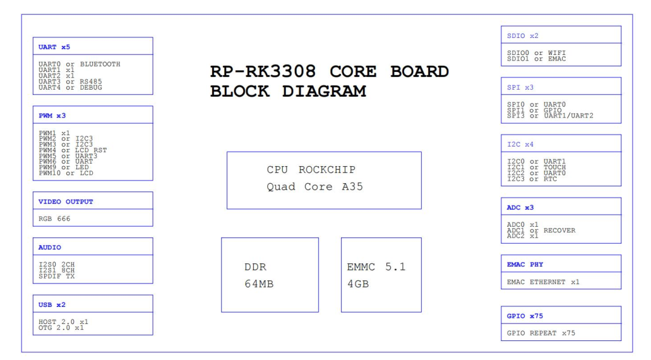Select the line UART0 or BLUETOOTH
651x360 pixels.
[79, 64]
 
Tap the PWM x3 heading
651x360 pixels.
[52, 116]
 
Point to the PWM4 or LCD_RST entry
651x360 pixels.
[73, 150]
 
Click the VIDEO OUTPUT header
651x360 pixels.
[66, 201]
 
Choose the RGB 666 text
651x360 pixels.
[54, 219]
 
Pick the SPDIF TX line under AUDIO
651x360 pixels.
[56, 276]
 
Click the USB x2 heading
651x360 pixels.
[52, 304]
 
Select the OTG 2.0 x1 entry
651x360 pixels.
[61, 328]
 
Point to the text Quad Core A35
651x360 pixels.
[314, 187]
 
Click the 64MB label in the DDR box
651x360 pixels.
[259, 284]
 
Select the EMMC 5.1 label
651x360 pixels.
[376, 267]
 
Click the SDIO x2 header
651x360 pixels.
[523, 36]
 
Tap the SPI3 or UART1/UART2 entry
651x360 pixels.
[550, 116]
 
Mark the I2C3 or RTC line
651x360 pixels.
[532, 179]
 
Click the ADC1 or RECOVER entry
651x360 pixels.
[541, 231]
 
